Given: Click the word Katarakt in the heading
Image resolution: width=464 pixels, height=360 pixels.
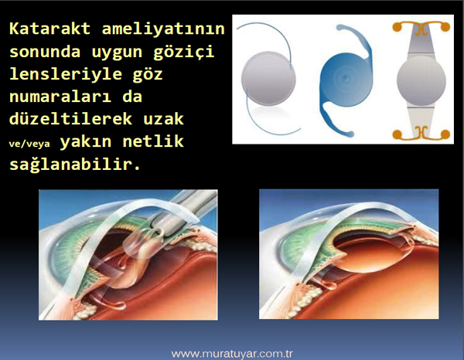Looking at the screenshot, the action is (49, 29).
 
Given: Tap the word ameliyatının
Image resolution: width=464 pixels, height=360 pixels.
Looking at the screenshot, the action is (163, 29).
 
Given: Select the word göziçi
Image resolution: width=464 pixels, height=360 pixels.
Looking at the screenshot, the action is (183, 52).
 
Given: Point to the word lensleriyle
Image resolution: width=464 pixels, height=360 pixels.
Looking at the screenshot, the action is (66, 74).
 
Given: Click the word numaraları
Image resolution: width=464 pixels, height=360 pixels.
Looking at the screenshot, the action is (60, 97).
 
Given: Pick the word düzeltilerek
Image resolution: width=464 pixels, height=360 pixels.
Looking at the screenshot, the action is (70, 118).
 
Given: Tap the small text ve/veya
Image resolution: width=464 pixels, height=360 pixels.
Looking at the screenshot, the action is (29, 144).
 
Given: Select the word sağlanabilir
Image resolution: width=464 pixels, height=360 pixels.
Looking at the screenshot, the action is (74, 164).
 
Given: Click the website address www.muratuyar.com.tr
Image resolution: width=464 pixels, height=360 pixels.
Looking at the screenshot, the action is (232, 354).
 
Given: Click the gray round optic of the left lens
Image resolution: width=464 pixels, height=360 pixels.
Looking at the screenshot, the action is (268, 78).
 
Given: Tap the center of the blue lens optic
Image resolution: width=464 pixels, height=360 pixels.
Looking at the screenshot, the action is (345, 78).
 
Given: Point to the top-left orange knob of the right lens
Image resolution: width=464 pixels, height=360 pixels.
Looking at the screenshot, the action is (397, 27).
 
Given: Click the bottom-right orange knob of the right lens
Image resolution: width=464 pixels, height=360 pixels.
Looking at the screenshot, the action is (445, 134).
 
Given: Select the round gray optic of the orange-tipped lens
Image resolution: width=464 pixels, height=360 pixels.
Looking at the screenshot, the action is (421, 80).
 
